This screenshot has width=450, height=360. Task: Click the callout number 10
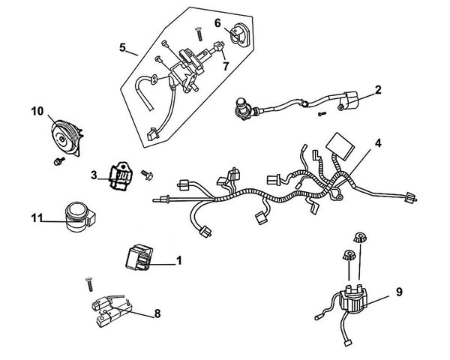37,111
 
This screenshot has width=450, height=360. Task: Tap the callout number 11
37,217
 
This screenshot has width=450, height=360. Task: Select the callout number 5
122,47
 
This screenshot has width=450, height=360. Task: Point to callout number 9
399,292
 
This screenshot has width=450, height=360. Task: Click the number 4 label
378,142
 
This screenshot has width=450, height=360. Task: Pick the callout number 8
157,313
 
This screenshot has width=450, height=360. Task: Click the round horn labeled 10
67,138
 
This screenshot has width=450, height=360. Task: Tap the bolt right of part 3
147,175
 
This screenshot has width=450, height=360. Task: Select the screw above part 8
89,285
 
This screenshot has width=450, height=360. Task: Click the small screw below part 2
322,114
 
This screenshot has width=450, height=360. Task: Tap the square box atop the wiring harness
340,145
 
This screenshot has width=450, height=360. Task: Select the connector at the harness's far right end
411,198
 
